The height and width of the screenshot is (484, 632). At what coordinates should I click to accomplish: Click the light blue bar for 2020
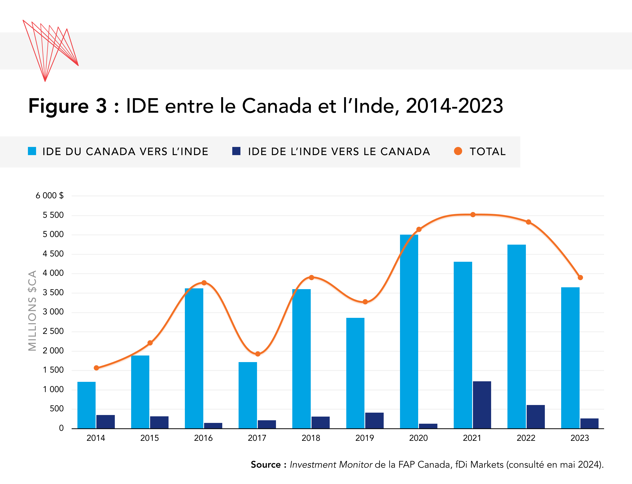coord(409,331)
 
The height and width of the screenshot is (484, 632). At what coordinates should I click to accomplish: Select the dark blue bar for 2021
coord(482,405)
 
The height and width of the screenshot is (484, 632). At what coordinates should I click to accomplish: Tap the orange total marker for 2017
coord(258,354)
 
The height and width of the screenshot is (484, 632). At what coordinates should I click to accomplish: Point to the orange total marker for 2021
coord(473,215)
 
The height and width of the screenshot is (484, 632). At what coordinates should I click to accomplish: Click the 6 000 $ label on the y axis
coord(50,196)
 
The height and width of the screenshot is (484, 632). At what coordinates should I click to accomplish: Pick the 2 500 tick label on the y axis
coord(53,331)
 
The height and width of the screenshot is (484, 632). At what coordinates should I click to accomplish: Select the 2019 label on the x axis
coord(364,438)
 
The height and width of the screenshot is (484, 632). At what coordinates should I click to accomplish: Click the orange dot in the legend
coord(458,151)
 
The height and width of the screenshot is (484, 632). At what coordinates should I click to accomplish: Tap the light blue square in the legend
coord(32,151)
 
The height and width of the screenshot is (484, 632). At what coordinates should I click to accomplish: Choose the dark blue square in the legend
coord(236,151)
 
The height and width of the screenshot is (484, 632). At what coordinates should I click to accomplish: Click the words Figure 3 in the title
coord(68,106)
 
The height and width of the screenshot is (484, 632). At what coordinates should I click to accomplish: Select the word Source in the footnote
coord(266,465)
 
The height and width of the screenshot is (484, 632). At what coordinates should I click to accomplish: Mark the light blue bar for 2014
coord(86,405)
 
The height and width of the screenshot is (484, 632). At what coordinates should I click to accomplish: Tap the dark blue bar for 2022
coord(536,417)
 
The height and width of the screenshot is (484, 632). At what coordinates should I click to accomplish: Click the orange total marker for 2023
coord(580,278)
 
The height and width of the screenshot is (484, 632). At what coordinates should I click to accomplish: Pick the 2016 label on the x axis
coord(203,438)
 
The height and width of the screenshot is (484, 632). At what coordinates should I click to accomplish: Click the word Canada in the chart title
coord(276,106)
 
